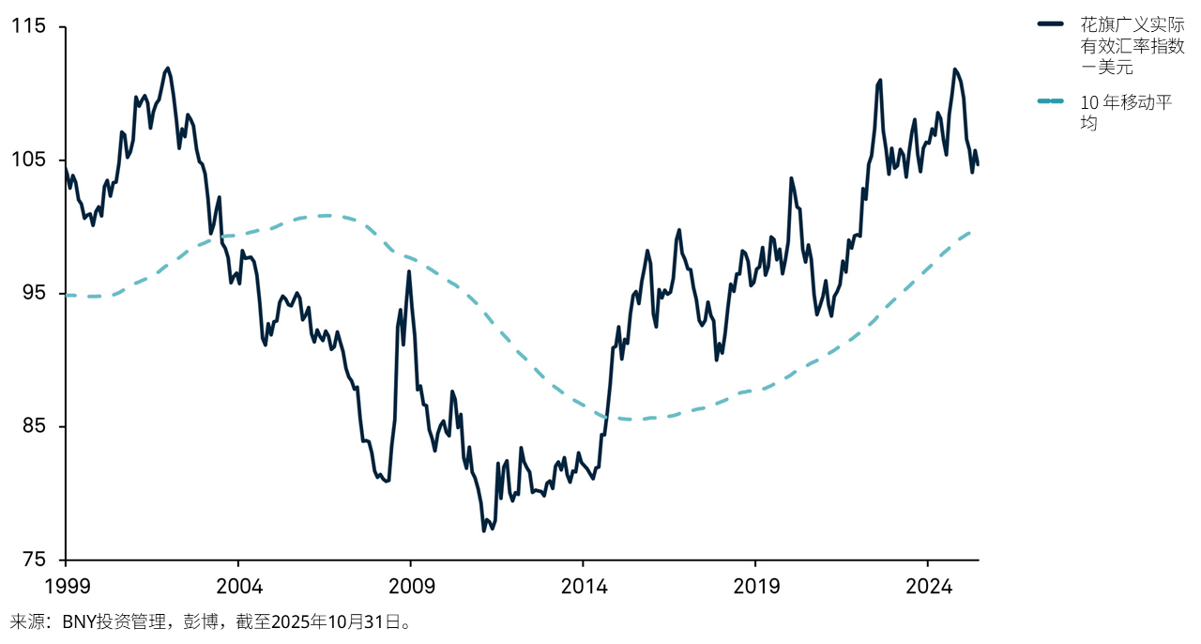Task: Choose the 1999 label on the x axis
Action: point(66,587)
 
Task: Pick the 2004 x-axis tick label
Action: point(238,587)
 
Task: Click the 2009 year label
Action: point(411,587)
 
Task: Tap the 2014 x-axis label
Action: point(584,587)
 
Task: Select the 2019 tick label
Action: point(756,587)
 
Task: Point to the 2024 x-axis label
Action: point(928,587)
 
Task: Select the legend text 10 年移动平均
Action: point(1126,112)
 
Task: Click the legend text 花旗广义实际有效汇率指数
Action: point(1126,35)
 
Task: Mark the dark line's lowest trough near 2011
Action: point(484,530)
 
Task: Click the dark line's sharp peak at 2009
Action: point(409,271)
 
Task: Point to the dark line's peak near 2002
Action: point(167,68)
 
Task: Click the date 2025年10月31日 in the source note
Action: point(339,621)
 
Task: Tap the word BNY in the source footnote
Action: point(80,621)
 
